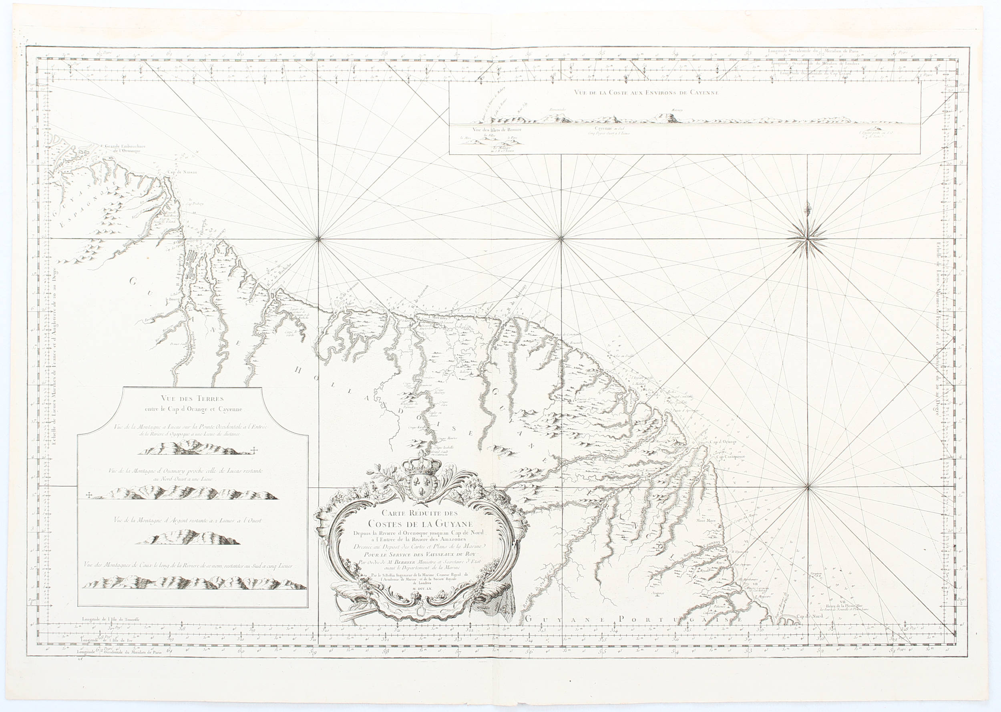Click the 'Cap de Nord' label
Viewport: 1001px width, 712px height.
point(810,616)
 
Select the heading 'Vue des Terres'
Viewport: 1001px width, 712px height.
point(192,399)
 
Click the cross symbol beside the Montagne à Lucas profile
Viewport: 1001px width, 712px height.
point(255,450)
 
